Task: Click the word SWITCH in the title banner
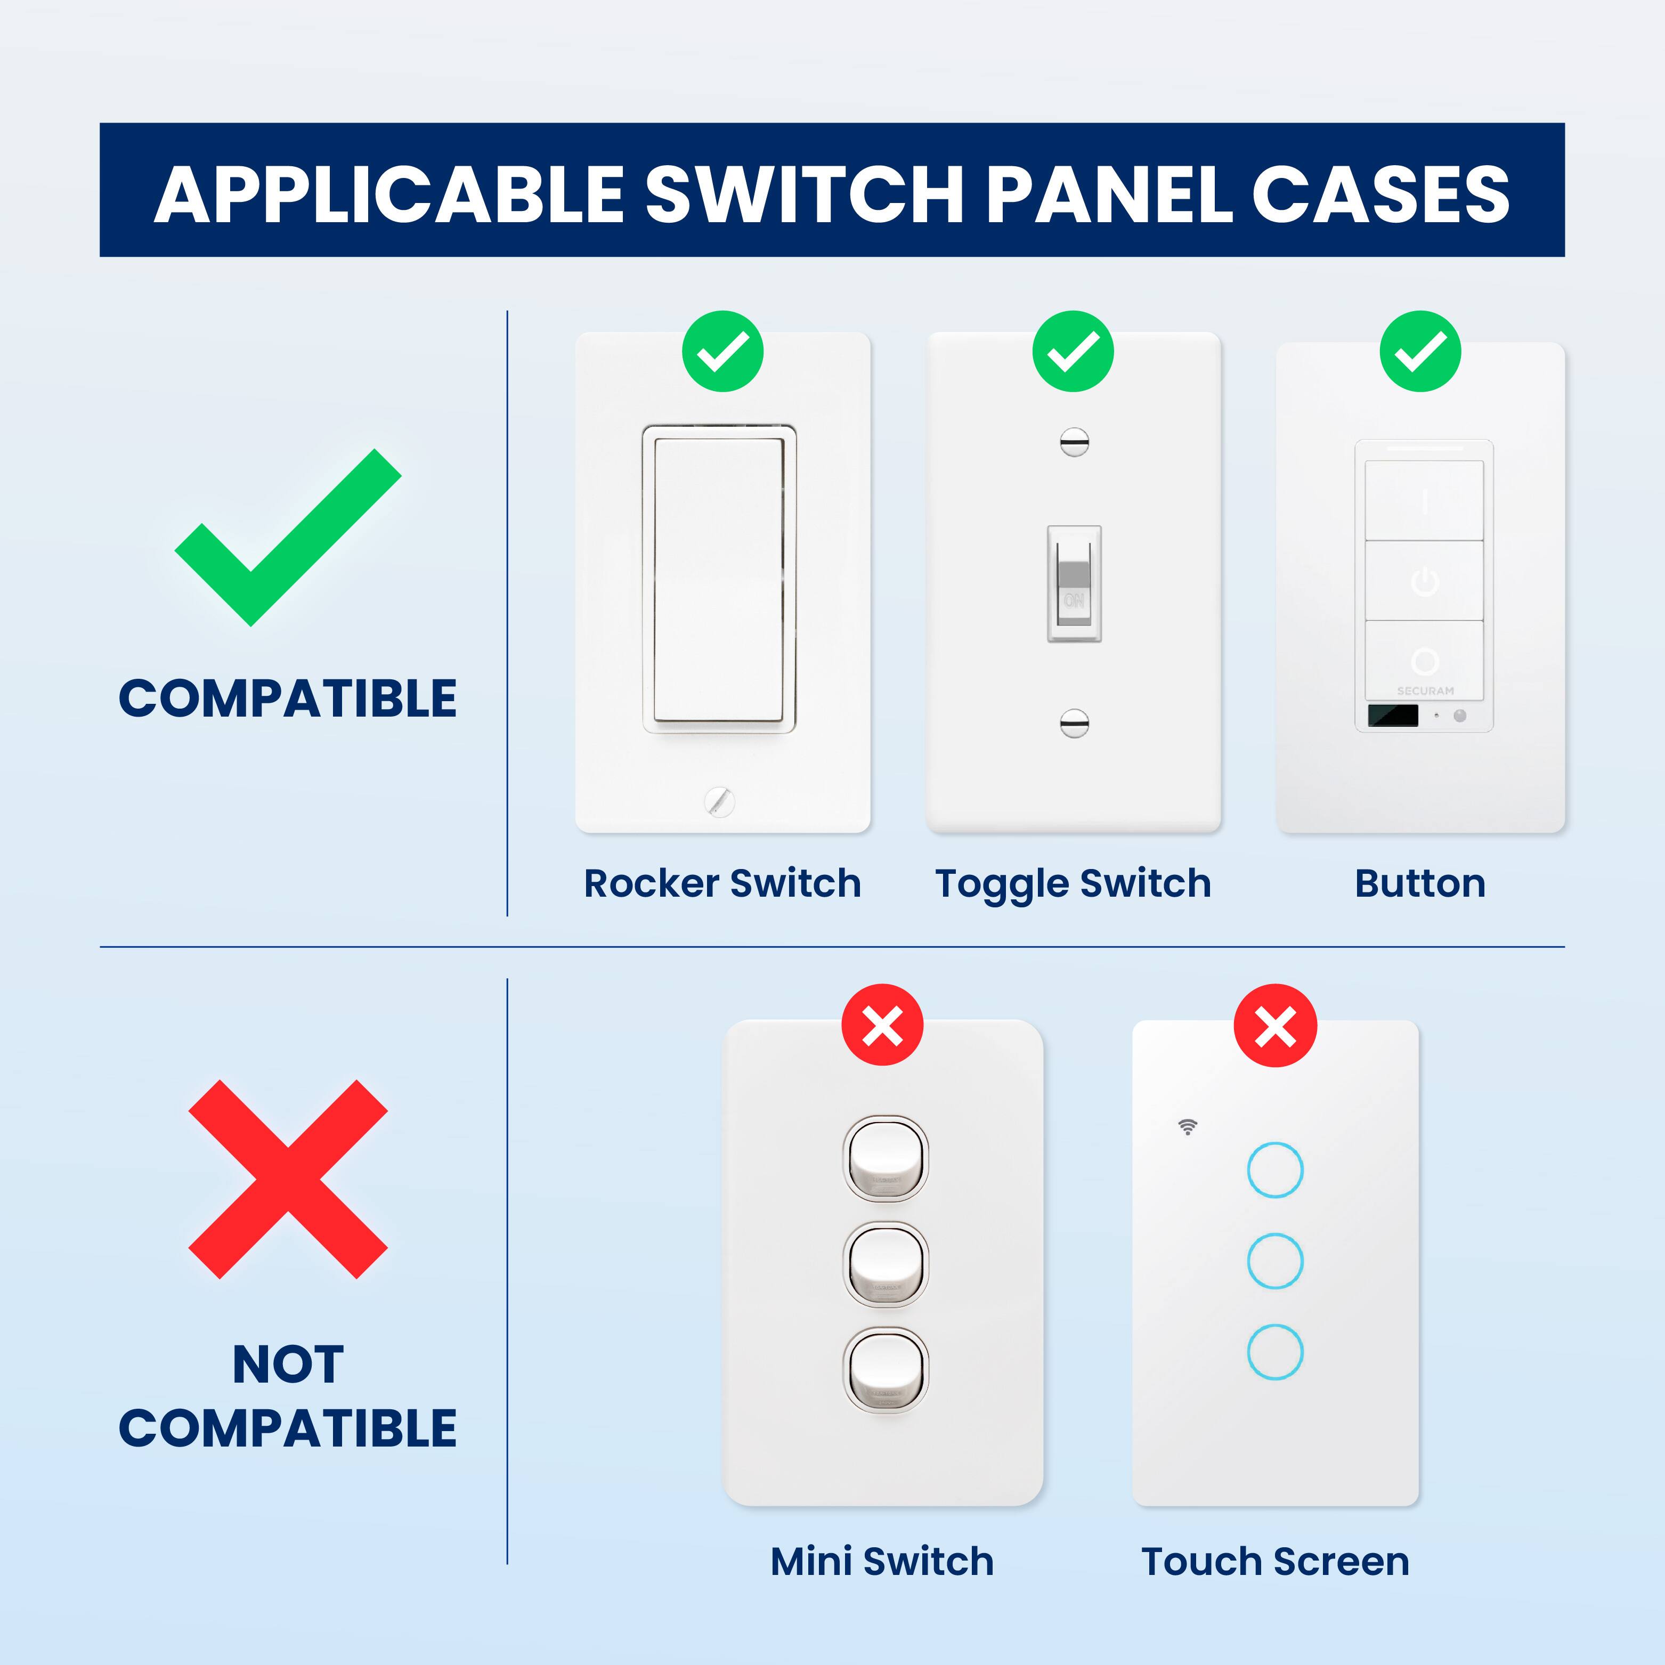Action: point(805,194)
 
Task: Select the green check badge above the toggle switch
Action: point(1073,352)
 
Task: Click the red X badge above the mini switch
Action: point(882,1026)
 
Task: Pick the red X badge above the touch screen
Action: point(1276,1026)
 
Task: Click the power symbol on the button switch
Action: point(1425,582)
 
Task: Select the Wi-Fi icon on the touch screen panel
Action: point(1188,1126)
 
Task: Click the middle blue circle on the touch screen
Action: point(1274,1261)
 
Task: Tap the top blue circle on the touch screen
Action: point(1274,1169)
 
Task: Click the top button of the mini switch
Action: point(885,1158)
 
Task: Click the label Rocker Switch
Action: point(722,883)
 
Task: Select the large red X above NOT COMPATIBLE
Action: point(288,1179)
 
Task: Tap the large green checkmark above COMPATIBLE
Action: point(288,537)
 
